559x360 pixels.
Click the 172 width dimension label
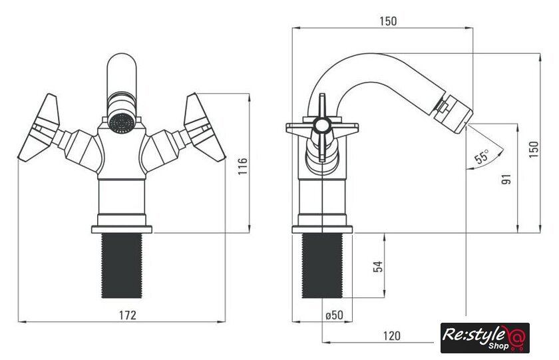click(127, 315)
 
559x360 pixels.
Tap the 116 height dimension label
click(243, 166)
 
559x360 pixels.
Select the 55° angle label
click(482, 157)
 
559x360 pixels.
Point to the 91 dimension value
click(506, 179)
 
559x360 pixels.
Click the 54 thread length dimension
click(378, 266)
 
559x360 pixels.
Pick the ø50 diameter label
click(334, 315)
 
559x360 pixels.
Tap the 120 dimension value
click(392, 336)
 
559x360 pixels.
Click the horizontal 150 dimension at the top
click(388, 21)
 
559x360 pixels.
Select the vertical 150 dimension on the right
click(534, 150)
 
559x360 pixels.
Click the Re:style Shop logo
click(485, 338)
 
